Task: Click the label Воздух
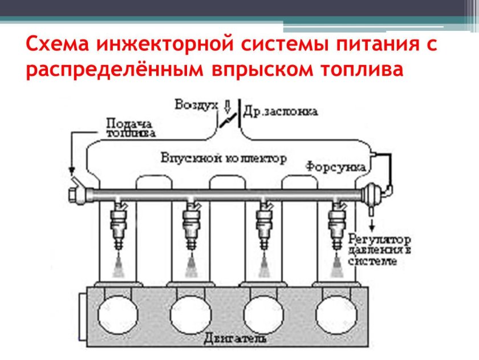(196, 105)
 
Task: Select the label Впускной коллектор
(224, 157)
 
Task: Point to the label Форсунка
(335, 167)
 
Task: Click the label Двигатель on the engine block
(234, 339)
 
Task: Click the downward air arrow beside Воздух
(228, 106)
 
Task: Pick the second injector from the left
(191, 225)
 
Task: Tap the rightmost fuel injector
(336, 225)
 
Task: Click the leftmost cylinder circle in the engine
(118, 313)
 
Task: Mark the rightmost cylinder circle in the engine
(336, 313)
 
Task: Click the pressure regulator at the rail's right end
(373, 193)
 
